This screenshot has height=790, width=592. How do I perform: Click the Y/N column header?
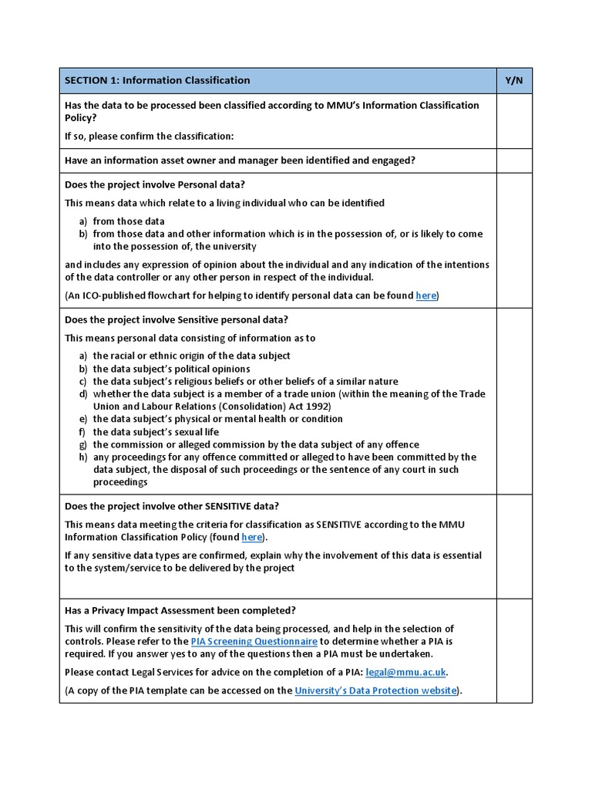point(514,80)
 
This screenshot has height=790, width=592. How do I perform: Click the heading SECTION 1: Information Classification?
point(157,80)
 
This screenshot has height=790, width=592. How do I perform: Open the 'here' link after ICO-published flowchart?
point(425,295)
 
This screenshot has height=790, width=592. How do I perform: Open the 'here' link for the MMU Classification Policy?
point(252,537)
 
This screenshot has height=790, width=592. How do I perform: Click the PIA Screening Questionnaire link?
point(254,641)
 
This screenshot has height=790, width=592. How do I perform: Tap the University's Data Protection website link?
point(376,690)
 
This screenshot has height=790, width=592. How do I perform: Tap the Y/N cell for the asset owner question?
point(514,160)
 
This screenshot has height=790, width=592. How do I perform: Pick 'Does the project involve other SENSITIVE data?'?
point(172,506)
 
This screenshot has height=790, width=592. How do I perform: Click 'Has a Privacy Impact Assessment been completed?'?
point(180,610)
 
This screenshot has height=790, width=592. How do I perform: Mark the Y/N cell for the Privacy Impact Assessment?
point(514,650)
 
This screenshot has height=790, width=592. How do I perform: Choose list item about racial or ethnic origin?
point(191,356)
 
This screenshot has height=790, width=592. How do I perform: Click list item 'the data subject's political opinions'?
point(171,369)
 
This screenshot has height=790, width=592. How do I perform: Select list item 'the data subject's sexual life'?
point(156,432)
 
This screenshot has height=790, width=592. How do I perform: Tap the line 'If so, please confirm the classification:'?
point(149,137)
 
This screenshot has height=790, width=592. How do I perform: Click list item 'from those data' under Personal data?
point(129,221)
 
